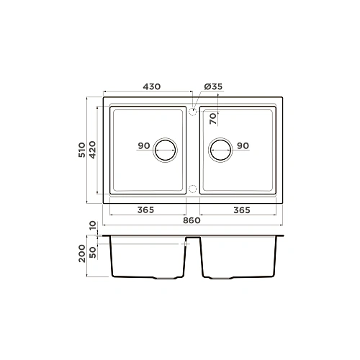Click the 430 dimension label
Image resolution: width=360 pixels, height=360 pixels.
click(x=151, y=86)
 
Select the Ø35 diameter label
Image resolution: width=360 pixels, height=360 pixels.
click(x=213, y=86)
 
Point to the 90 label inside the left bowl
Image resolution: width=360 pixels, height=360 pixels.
click(x=143, y=146)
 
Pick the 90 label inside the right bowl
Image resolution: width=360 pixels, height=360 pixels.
click(x=242, y=146)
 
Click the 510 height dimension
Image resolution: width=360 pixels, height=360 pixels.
click(x=83, y=149)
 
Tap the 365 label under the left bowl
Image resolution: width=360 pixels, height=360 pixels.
click(x=146, y=210)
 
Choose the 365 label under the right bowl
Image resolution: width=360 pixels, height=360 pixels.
click(x=242, y=210)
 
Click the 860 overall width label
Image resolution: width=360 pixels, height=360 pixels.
click(x=192, y=220)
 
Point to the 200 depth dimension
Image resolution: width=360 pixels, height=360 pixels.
click(x=83, y=253)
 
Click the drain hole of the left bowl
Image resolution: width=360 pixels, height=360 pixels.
click(x=166, y=149)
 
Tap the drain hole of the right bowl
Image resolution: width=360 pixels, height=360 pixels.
click(x=220, y=149)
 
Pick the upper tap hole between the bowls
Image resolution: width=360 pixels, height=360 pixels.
click(x=192, y=111)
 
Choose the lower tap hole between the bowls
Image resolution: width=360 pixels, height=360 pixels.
click(x=192, y=189)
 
